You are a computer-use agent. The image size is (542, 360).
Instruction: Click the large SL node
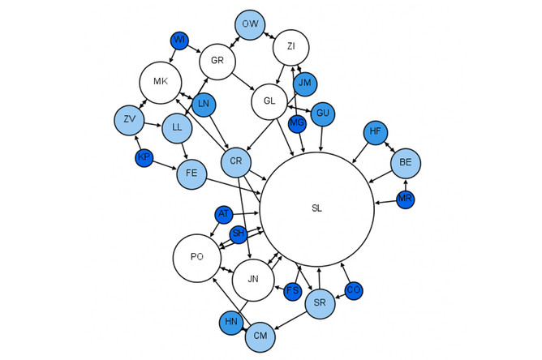[316, 208]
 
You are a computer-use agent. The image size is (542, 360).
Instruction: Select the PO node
[197, 258]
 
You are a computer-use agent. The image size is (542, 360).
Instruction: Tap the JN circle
[254, 280]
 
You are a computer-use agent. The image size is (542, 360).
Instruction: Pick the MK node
[160, 82]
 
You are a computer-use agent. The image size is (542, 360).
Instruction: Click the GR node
[217, 61]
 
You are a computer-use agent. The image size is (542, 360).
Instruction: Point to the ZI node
[290, 49]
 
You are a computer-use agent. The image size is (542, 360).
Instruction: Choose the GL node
[269, 101]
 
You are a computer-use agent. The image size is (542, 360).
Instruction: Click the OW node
[251, 24]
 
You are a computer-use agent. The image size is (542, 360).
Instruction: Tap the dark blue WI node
[179, 40]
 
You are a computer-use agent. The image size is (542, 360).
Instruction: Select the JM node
[305, 84]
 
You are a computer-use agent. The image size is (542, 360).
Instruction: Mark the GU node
[323, 113]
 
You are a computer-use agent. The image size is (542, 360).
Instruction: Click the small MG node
[297, 123]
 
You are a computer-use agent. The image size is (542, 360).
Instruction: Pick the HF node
[375, 132]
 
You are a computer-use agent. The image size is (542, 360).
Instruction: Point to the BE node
[406, 163]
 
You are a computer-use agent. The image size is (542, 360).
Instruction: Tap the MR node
[406, 199]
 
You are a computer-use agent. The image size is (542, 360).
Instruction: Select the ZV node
[129, 120]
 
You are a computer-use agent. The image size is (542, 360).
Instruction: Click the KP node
[144, 157]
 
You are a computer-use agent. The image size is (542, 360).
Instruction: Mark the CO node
[354, 289]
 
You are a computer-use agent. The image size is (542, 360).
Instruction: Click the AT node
[223, 214]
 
